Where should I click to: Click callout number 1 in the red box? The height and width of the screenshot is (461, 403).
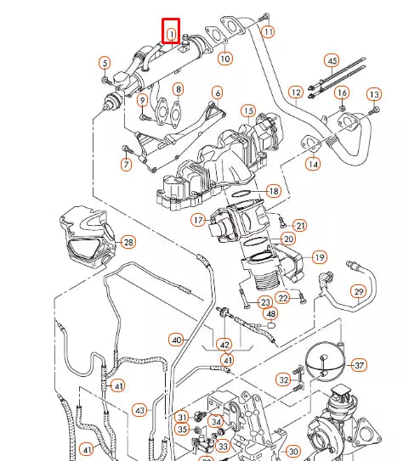point(171,33)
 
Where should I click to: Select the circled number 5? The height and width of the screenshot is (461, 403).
point(105,63)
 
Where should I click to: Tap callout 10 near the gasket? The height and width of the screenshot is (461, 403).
point(224,59)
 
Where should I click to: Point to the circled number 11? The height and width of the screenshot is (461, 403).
point(268,32)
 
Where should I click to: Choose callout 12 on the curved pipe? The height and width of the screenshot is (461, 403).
point(295,92)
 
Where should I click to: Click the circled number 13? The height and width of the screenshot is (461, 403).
point(374,93)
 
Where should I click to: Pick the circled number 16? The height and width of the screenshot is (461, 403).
point(342,92)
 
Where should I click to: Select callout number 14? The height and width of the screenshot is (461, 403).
point(314,163)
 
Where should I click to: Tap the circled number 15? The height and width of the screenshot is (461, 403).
point(248,110)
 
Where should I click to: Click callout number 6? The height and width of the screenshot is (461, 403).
point(217,93)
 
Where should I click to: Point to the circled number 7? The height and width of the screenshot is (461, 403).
point(128,162)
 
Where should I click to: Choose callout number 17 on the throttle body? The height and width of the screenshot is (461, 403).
point(198,220)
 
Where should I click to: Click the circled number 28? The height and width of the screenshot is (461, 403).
point(128,243)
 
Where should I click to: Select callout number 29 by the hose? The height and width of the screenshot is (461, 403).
point(359,292)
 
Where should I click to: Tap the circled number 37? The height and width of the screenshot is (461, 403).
point(359,365)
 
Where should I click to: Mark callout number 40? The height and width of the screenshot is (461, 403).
point(177,340)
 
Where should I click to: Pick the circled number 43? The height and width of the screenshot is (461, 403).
point(140,410)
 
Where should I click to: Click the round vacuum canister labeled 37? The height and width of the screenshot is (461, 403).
point(323,361)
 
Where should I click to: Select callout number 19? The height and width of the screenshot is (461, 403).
point(319,256)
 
